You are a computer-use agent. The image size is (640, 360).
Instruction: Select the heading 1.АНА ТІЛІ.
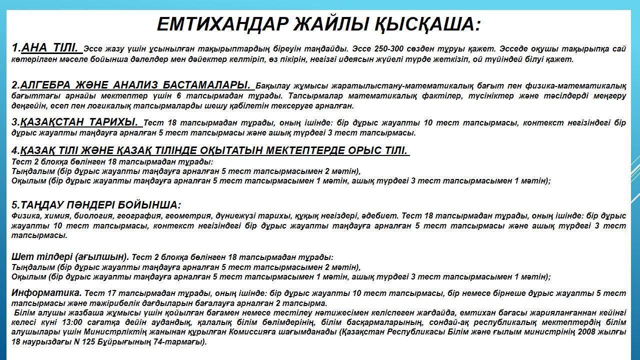tap(46, 48)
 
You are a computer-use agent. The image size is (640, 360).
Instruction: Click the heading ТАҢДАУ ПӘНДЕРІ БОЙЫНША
tap(96, 205)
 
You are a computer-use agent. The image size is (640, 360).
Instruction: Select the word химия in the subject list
tap(58, 216)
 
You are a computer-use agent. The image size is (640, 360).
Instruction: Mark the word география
tap(138, 216)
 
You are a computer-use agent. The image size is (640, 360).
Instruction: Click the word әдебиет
tap(381, 216)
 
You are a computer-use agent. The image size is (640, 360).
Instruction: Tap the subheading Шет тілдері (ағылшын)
tap(70, 257)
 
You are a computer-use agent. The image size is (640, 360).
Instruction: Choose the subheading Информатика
tap(46, 292)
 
